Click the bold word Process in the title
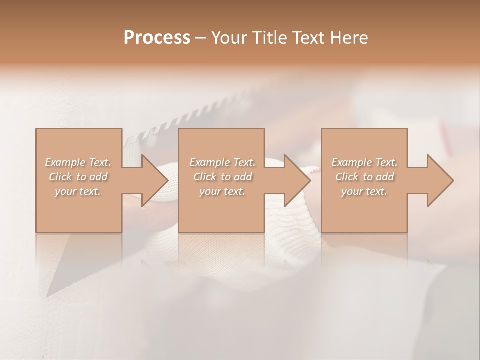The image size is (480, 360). (157, 38)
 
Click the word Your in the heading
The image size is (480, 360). (230, 38)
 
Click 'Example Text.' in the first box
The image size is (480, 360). (78, 162)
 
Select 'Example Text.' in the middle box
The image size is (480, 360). (222, 162)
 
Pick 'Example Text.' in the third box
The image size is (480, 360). (364, 162)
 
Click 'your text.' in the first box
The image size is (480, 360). (78, 191)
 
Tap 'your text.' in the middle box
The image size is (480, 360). (222, 191)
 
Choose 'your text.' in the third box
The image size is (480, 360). (364, 191)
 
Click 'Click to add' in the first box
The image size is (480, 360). (78, 177)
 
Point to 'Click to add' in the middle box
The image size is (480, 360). (222, 177)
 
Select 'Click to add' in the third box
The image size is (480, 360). (364, 177)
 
